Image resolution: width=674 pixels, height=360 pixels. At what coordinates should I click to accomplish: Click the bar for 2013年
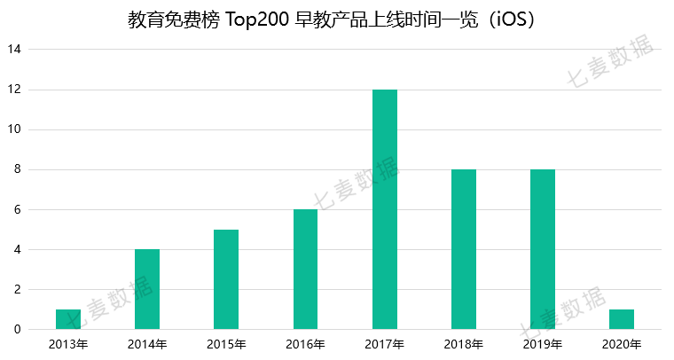(x=68, y=319)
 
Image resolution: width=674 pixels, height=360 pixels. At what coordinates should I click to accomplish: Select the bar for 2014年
(x=147, y=289)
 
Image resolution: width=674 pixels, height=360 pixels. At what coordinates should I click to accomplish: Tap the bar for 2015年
(x=226, y=279)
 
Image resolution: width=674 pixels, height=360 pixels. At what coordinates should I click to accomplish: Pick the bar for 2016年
(x=305, y=270)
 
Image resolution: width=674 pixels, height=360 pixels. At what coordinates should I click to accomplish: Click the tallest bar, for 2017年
(x=385, y=209)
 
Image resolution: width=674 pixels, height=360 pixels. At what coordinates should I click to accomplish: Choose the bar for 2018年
(x=464, y=249)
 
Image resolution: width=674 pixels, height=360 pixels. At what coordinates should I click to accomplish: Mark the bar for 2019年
(x=543, y=249)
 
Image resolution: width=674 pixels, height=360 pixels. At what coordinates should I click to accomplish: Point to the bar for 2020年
(x=622, y=319)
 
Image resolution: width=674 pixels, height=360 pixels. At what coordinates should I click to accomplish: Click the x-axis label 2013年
(x=68, y=344)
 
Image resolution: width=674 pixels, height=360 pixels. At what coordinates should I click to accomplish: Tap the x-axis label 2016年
(x=305, y=344)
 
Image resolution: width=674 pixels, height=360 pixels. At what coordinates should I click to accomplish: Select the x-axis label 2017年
(x=385, y=344)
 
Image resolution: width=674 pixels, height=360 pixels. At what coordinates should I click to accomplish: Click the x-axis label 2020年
(x=622, y=344)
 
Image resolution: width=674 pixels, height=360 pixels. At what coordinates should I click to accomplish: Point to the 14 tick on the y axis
(x=15, y=50)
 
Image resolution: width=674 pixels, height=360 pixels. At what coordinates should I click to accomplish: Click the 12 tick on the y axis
(x=15, y=90)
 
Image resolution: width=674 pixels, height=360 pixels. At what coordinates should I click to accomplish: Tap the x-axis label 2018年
(x=464, y=344)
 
